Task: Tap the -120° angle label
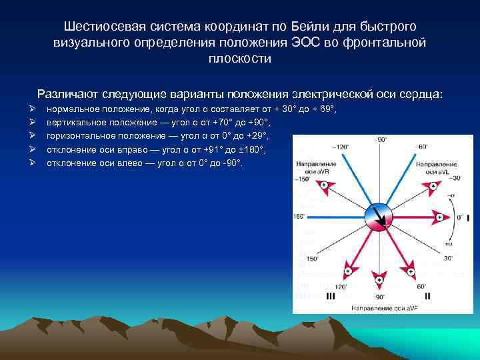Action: pos(341,146)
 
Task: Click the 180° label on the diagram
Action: pos(298,217)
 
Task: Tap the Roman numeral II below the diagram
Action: pos(427,295)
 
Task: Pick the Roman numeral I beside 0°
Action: pos(468,218)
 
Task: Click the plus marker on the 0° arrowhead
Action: pos(439,218)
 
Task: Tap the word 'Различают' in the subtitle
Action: pos(64,94)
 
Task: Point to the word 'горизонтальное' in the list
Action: pos(77,135)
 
